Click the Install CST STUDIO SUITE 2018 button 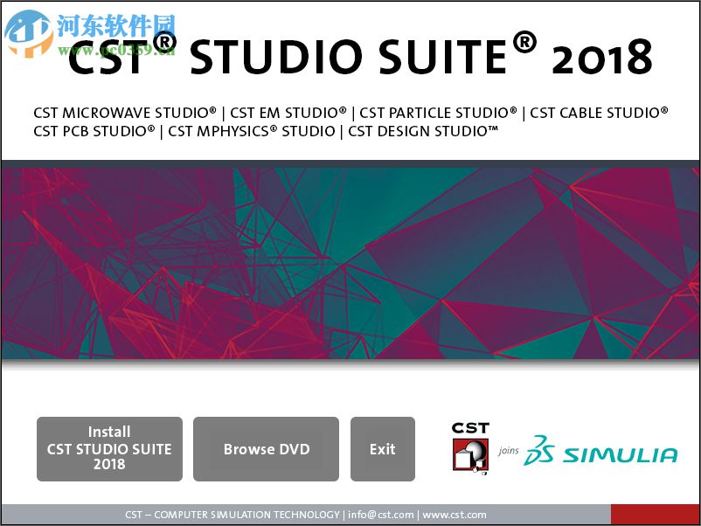tap(109, 448)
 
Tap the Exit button tap(382, 449)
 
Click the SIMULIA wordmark tap(620, 454)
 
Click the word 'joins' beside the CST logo tap(509, 452)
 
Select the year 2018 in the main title tap(602, 57)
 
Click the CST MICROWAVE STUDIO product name tap(125, 113)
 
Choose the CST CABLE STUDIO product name tap(599, 113)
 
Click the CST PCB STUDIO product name tap(94, 131)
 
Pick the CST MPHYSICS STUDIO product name tap(252, 131)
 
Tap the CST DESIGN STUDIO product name tap(423, 131)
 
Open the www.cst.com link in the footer tap(455, 515)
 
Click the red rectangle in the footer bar tap(655, 515)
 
